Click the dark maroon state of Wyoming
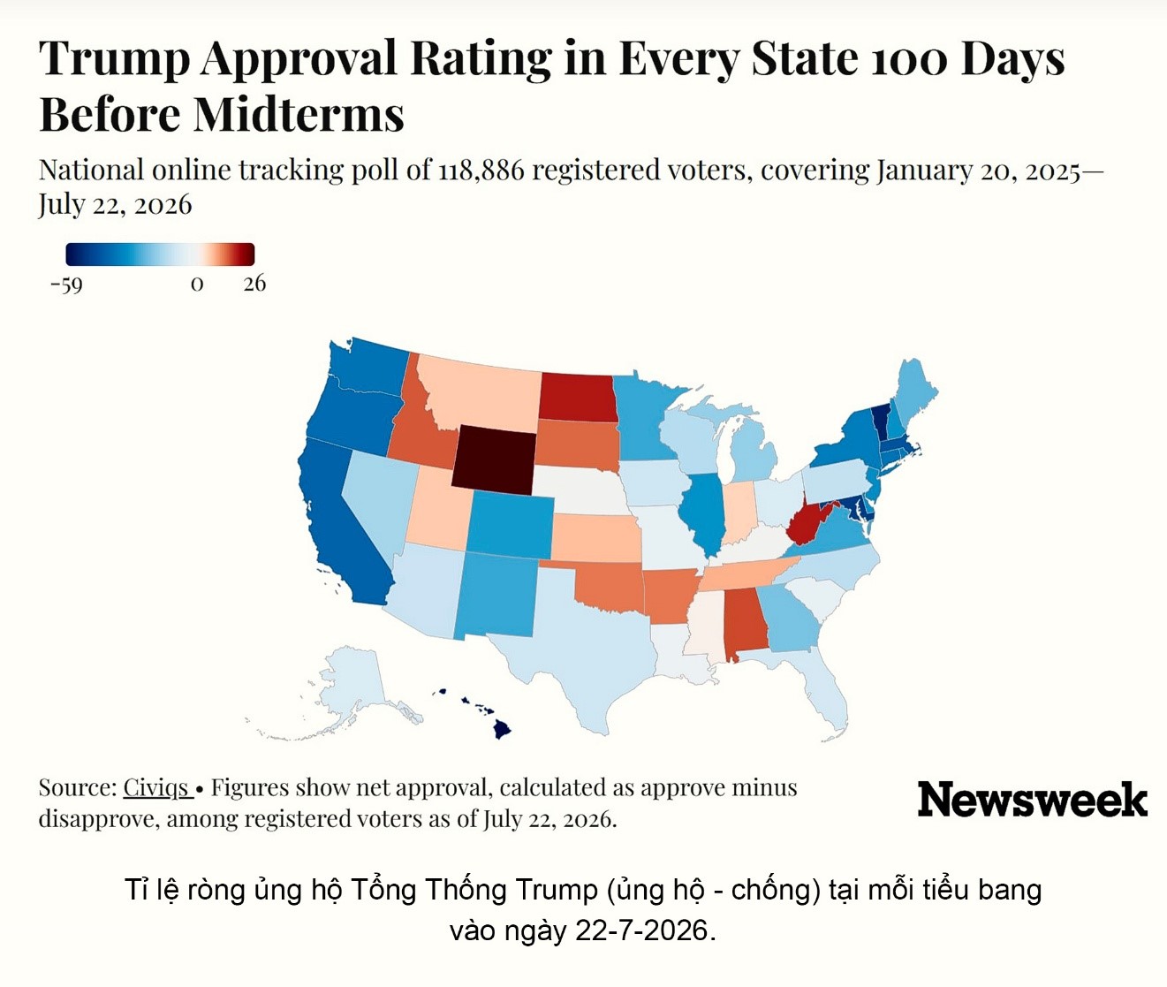click(x=494, y=459)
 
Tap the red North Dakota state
click(x=577, y=397)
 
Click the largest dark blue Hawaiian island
click(x=502, y=730)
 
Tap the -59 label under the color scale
click(x=66, y=284)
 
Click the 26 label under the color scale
click(x=254, y=284)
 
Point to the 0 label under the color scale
click(x=196, y=284)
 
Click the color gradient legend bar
click(x=161, y=254)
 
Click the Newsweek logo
click(x=1033, y=800)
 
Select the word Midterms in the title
click(x=299, y=114)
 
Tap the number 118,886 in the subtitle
click(x=481, y=170)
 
